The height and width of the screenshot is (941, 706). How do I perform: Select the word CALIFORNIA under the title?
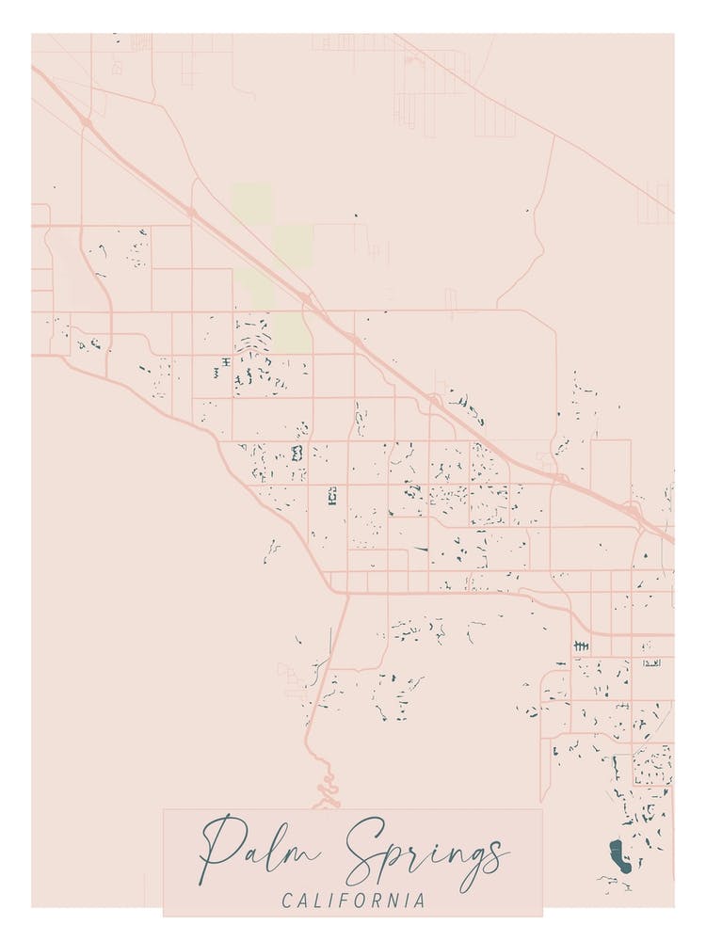pyautogui.click(x=353, y=901)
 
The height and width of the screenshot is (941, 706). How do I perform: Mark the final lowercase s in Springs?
pyautogui.click(x=497, y=854)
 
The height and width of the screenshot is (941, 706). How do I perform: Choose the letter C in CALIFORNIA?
pyautogui.click(x=287, y=901)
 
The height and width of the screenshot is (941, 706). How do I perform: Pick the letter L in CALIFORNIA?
pyautogui.click(x=320, y=901)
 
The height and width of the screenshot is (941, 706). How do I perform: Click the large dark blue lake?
pyautogui.click(x=618, y=855)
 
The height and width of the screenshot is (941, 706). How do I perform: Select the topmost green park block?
pyautogui.click(x=252, y=203)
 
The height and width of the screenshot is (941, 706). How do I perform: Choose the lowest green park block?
pyautogui.click(x=292, y=332)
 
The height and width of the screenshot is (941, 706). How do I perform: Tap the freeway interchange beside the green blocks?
pyautogui.click(x=307, y=299)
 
